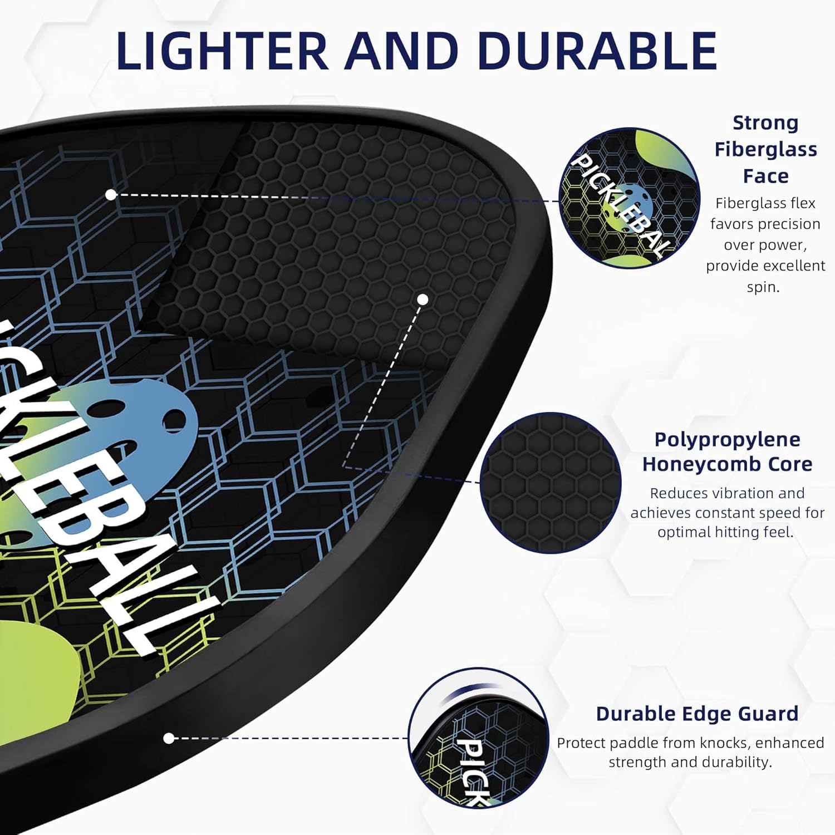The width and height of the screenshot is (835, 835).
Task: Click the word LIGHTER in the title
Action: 222,51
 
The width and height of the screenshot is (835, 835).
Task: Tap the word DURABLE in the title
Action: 597,51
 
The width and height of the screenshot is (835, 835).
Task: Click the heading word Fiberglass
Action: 765,149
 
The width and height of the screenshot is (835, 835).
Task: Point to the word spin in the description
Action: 763,287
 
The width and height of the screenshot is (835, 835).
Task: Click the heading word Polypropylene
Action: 727,439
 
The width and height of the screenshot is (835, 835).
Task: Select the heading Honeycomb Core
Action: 727,464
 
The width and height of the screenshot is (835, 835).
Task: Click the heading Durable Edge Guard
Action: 697,714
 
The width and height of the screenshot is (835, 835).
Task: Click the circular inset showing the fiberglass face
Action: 629,198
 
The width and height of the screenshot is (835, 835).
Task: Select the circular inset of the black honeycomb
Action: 550,483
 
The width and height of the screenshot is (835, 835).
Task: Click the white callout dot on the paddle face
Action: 111,194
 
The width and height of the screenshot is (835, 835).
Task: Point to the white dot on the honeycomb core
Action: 423,299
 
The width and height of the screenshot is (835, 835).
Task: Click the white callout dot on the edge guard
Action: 169,738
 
